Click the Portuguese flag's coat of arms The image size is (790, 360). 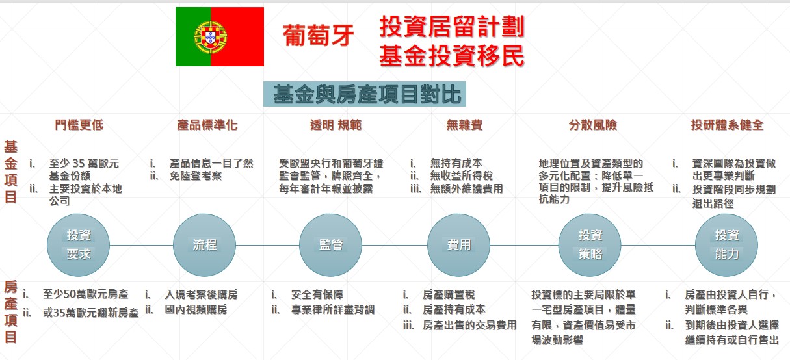211,37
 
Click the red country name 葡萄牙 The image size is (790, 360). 318,36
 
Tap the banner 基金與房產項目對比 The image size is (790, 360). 365,94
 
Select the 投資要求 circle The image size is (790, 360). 78,245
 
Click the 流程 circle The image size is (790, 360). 205,245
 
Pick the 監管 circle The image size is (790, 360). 330,245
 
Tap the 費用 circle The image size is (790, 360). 458,245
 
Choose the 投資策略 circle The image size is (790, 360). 590,245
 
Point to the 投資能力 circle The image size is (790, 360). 726,245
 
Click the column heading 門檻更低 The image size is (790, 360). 79,125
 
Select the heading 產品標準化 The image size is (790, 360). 207,125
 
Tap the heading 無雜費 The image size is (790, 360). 464,125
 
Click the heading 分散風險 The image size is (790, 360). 593,125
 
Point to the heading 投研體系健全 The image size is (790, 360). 727,125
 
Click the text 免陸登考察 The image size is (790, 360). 196,175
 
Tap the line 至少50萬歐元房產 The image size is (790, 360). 85,294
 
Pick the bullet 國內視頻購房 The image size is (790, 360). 196,309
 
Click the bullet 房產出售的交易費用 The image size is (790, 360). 469,325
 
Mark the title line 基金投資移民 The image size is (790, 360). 452,57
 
